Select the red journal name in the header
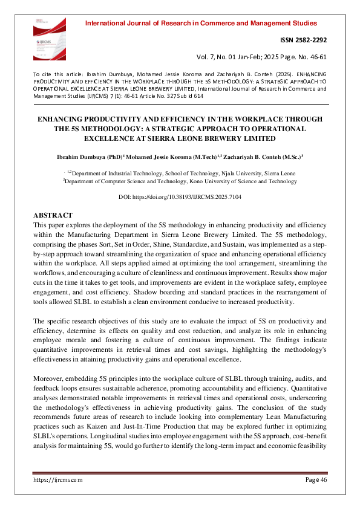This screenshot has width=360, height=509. pyautogui.click(x=201, y=24)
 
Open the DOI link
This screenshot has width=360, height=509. pyautogui.click(x=180, y=198)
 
